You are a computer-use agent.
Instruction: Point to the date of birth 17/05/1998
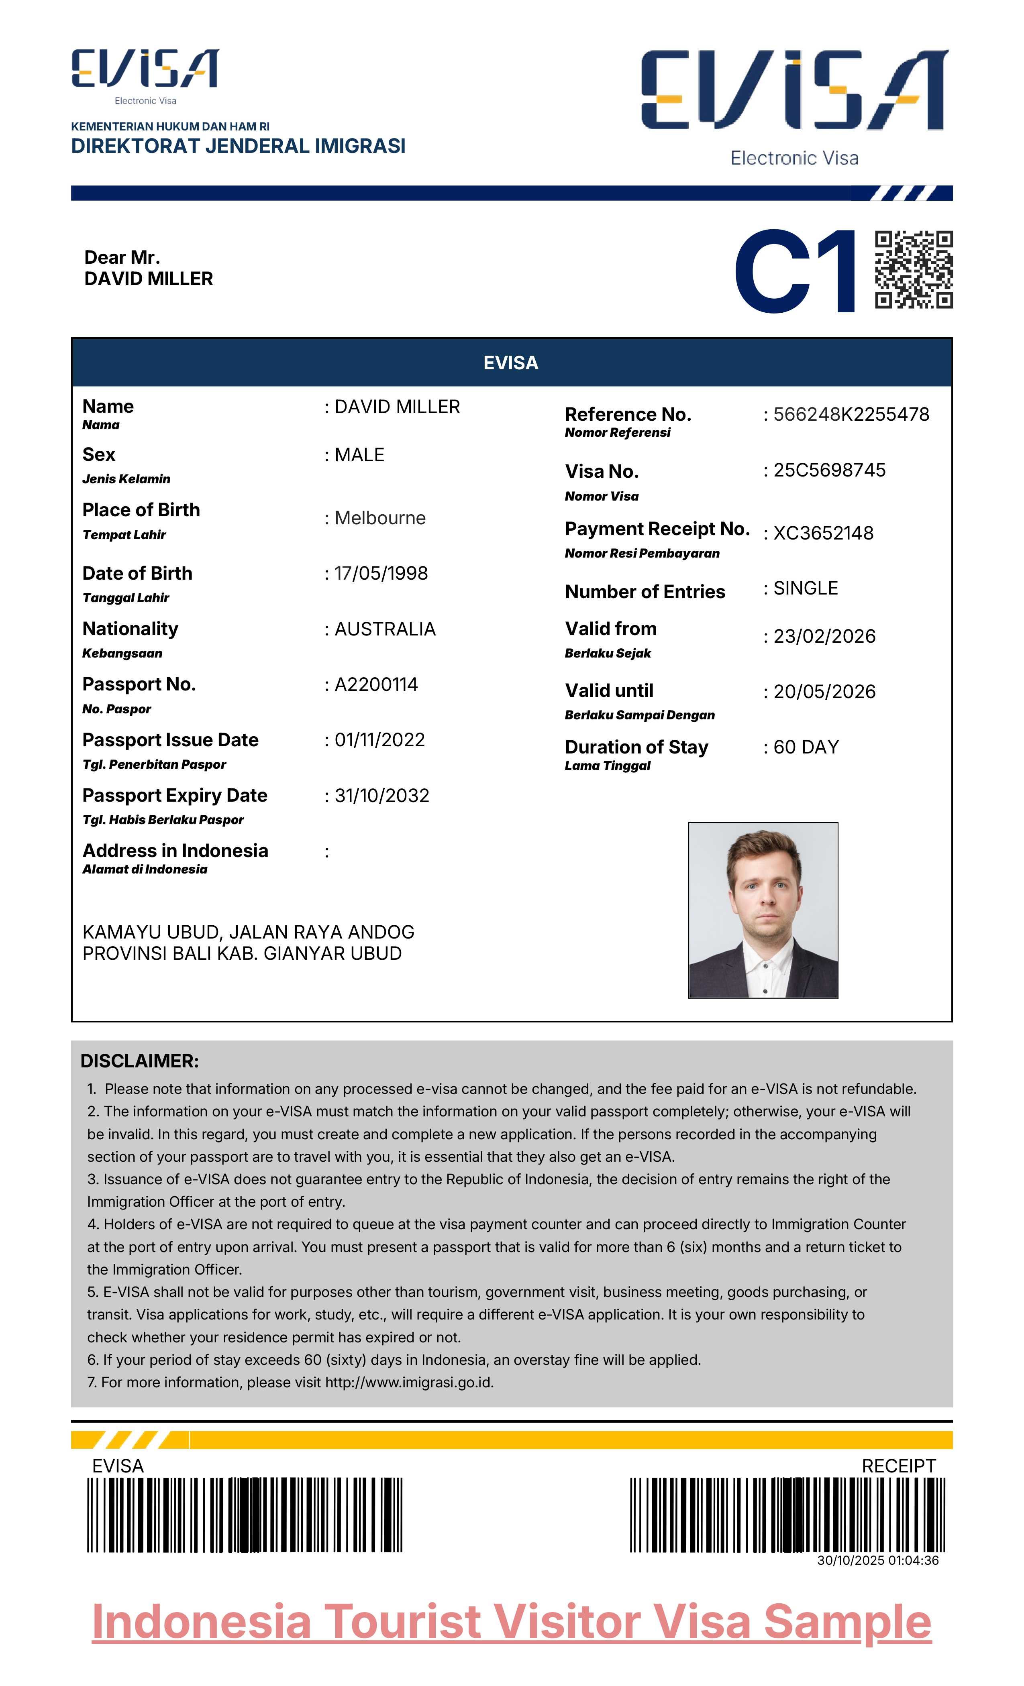point(381,573)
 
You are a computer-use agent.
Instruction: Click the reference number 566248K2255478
point(851,414)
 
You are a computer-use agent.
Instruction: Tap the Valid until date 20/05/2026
point(824,691)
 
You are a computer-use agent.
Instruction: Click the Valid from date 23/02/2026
point(824,636)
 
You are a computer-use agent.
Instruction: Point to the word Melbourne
point(380,518)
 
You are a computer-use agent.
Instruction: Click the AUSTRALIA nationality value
point(385,629)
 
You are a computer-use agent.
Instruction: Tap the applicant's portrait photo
point(763,910)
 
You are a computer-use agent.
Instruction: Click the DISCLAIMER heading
point(140,1061)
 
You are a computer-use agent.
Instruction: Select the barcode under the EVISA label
point(245,1515)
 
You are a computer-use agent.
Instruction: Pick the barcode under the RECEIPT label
point(787,1515)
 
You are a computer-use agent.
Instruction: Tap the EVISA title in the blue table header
point(511,362)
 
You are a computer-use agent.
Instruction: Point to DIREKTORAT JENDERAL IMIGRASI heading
point(238,146)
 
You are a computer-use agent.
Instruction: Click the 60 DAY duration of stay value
point(806,747)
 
